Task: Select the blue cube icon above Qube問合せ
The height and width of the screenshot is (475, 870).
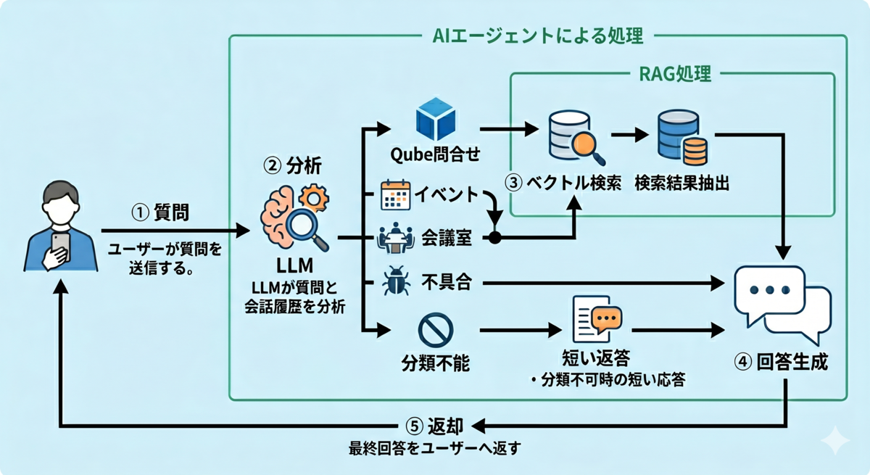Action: click(x=435, y=120)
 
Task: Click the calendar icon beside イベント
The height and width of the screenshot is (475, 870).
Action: click(x=395, y=195)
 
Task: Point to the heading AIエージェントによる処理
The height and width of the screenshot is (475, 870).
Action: click(x=537, y=36)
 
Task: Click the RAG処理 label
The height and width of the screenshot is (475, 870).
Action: click(x=672, y=74)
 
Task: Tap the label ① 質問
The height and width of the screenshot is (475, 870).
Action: click(x=160, y=212)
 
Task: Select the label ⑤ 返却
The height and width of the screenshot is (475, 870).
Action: click(x=434, y=426)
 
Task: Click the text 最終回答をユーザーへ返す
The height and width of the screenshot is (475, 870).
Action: click(x=434, y=448)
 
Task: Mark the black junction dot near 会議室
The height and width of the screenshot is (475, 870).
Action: click(x=495, y=238)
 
